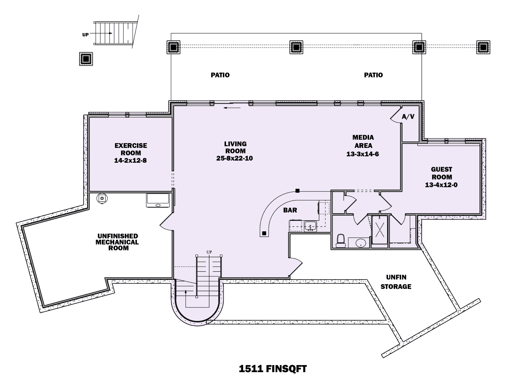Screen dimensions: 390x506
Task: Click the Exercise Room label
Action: pos(131,149)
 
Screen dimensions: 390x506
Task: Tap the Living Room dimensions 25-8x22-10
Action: pos(235,158)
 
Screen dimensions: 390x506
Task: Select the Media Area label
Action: pos(363,141)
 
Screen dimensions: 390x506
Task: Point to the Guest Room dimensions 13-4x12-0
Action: pos(441,185)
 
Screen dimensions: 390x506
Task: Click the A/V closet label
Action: pos(408,117)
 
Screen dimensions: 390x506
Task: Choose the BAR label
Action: pos(290,210)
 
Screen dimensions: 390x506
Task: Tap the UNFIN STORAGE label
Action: pos(396,282)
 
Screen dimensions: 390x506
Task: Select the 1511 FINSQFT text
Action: pos(273,369)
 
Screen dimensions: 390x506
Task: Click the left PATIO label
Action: pos(220,75)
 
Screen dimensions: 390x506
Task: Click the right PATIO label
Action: pos(373,75)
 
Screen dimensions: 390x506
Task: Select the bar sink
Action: pos(310,226)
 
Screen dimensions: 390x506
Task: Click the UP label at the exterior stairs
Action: pos(85,35)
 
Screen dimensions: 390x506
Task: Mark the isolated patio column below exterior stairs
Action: pos(86,59)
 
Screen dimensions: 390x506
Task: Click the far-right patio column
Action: pos(483,47)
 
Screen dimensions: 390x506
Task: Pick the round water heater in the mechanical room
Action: pos(102,198)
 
